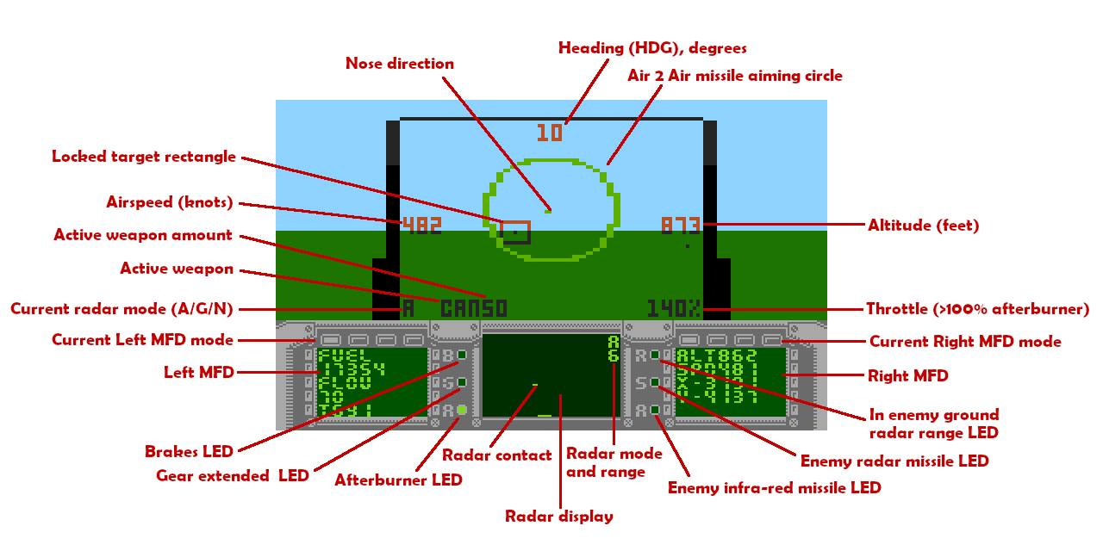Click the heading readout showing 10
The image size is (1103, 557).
(550, 133)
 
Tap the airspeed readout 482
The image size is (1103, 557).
(422, 226)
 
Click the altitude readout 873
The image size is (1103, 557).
(681, 226)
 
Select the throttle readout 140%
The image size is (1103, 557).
(674, 308)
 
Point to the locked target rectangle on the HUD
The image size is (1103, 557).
(515, 232)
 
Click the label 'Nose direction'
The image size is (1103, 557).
(399, 64)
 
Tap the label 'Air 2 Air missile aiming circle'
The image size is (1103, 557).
(734, 76)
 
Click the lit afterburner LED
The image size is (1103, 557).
(462, 410)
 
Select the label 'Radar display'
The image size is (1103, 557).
(559, 517)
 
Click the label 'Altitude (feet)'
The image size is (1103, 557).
(923, 226)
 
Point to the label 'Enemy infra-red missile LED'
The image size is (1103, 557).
(774, 488)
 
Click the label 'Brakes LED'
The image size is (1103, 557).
(189, 452)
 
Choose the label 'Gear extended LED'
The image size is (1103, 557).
(232, 475)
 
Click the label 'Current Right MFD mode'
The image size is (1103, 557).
(965, 342)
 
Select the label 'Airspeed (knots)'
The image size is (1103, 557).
(170, 202)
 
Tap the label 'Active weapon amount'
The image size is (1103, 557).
(143, 235)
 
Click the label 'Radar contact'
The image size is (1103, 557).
(496, 455)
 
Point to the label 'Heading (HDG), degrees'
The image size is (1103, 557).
(652, 48)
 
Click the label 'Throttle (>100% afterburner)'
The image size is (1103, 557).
(977, 309)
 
